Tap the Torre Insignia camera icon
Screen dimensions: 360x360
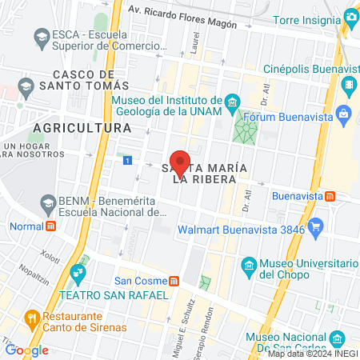click(350, 17)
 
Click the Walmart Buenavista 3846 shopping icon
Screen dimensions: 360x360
click(316, 227)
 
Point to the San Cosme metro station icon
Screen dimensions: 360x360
click(173, 281)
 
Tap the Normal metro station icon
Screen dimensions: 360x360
click(51, 226)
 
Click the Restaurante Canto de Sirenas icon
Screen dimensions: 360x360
click(32, 318)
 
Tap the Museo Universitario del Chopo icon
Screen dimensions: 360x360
click(249, 265)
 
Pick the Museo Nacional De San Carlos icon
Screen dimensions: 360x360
click(336, 338)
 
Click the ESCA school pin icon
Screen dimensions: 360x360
click(41, 35)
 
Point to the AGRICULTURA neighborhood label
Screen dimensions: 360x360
click(82, 127)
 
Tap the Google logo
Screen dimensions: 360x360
click(26, 350)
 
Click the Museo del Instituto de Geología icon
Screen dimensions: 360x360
click(232, 101)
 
